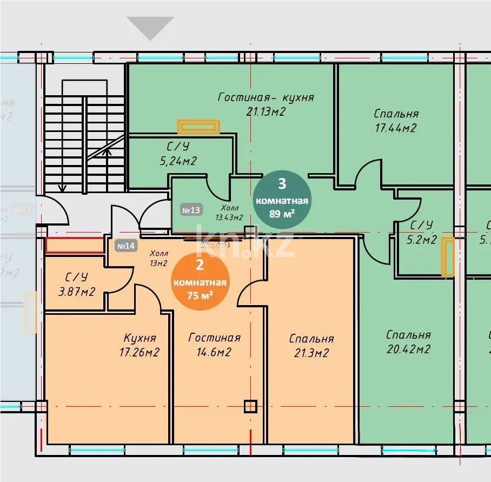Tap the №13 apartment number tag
191,210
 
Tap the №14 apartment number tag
125,246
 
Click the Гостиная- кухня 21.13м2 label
266,104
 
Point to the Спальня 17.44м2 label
396,121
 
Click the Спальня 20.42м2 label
408,342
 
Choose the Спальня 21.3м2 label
311,346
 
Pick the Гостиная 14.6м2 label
214,345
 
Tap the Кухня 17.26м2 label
140,345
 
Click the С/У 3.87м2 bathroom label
76,285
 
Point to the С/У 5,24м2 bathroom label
177,154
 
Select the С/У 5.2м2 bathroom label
422,233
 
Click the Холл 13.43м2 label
229,213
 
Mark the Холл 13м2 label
158,257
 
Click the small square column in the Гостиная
250,406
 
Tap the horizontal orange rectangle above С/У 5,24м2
199,127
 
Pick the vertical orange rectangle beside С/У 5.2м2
448,257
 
